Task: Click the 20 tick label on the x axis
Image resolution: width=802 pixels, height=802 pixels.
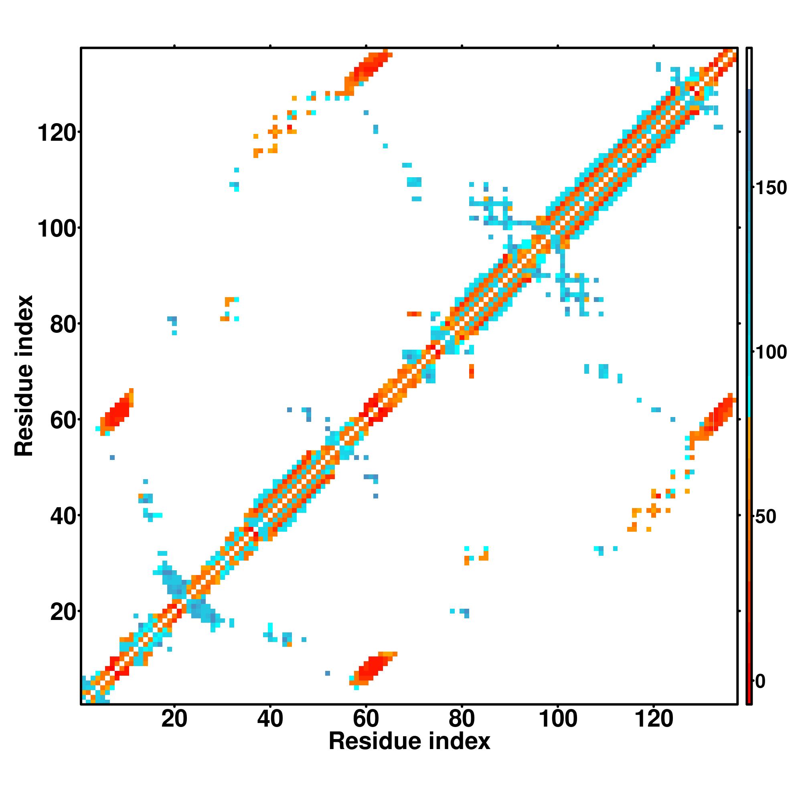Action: pos(174,719)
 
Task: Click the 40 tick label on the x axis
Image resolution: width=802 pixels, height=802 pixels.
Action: pos(270,719)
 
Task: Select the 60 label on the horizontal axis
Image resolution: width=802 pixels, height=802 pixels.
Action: pos(366,719)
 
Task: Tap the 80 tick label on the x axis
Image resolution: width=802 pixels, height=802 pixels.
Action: pos(462,719)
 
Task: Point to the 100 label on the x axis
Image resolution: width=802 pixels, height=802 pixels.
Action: pos(557,719)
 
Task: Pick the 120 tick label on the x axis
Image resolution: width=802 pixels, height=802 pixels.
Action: pos(654,719)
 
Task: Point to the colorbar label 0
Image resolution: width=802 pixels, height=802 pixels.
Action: pos(760,681)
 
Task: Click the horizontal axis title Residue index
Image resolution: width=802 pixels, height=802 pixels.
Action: pos(409,741)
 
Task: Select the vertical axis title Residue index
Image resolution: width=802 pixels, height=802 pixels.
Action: pos(24,376)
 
